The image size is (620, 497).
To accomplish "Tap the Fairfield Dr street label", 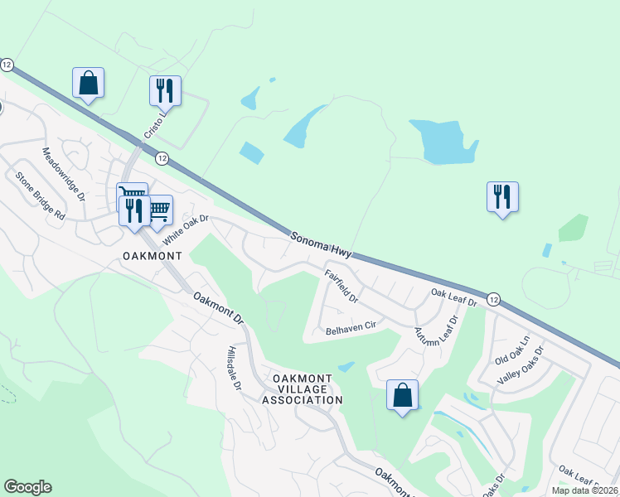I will [341, 285].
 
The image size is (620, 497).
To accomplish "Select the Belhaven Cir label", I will [351, 326].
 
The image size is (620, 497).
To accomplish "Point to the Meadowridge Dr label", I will [63, 175].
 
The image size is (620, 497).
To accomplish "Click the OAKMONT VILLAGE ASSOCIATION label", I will [302, 389].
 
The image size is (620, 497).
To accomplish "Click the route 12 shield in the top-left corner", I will [7, 64].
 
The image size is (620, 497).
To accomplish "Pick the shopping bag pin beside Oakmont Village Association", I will [402, 395].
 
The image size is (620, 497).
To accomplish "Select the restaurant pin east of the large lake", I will [502, 197].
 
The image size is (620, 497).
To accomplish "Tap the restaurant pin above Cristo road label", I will [164, 91].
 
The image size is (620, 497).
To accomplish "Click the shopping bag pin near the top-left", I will [88, 83].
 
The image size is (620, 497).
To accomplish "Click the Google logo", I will [27, 487].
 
